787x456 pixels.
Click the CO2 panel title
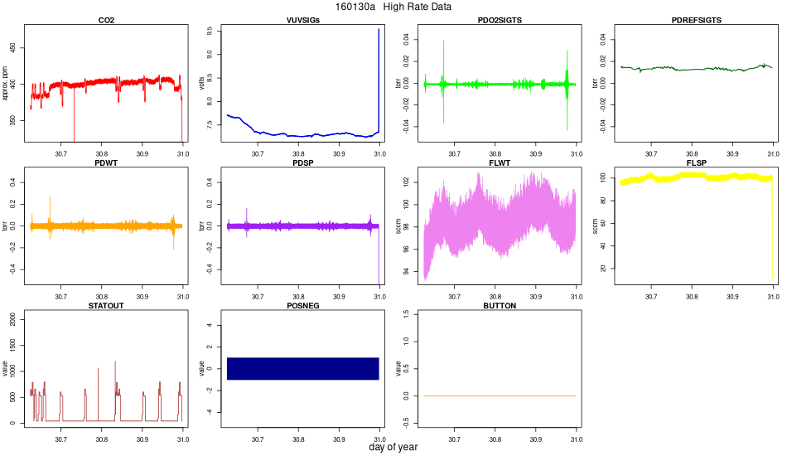point(106,20)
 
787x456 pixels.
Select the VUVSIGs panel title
point(302,20)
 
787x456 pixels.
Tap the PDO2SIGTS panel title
point(500,20)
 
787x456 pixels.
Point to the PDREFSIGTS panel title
point(697,20)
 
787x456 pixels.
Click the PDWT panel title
point(106,163)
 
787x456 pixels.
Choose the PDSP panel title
point(302,163)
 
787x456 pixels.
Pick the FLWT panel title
point(500,163)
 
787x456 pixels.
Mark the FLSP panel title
point(697,163)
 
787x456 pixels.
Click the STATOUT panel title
point(106,305)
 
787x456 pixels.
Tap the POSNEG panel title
point(302,305)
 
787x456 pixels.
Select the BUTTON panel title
point(500,305)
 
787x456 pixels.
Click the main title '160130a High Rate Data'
point(393,7)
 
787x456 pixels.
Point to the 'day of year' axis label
point(393,447)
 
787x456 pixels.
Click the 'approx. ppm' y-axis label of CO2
point(6,84)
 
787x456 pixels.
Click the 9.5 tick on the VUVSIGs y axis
point(210,31)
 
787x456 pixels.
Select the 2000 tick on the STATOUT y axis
point(13,322)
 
